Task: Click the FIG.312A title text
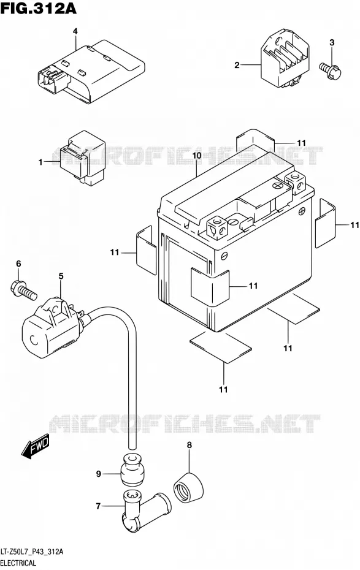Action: (x=39, y=7)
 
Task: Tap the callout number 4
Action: (x=75, y=32)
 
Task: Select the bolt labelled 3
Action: (x=331, y=70)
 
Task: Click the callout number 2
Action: (x=237, y=66)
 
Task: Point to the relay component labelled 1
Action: (x=82, y=156)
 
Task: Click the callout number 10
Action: (x=197, y=156)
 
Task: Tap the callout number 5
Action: (x=61, y=276)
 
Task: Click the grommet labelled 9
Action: (x=132, y=469)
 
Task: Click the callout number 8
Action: (x=189, y=445)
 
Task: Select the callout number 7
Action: (x=98, y=506)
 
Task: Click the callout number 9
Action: (x=98, y=474)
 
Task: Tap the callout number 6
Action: (x=18, y=264)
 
